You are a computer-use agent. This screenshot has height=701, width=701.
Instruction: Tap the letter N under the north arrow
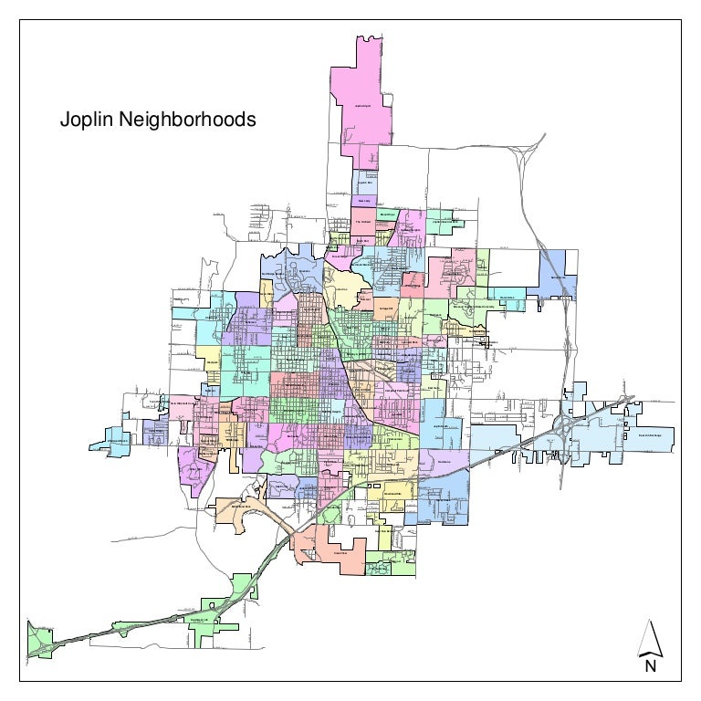pos(650,666)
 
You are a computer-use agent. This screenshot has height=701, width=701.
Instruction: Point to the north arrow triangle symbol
pos(650,639)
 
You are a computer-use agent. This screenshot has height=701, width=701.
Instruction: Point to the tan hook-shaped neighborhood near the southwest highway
pos(242,511)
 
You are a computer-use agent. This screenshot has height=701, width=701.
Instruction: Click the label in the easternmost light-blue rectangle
pos(647,436)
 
